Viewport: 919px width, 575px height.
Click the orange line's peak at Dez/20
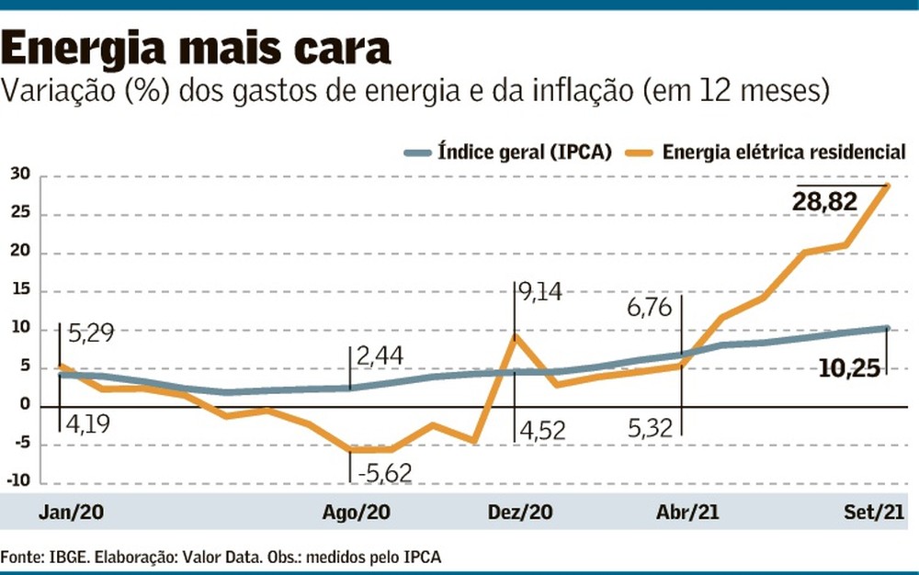(x=515, y=336)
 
